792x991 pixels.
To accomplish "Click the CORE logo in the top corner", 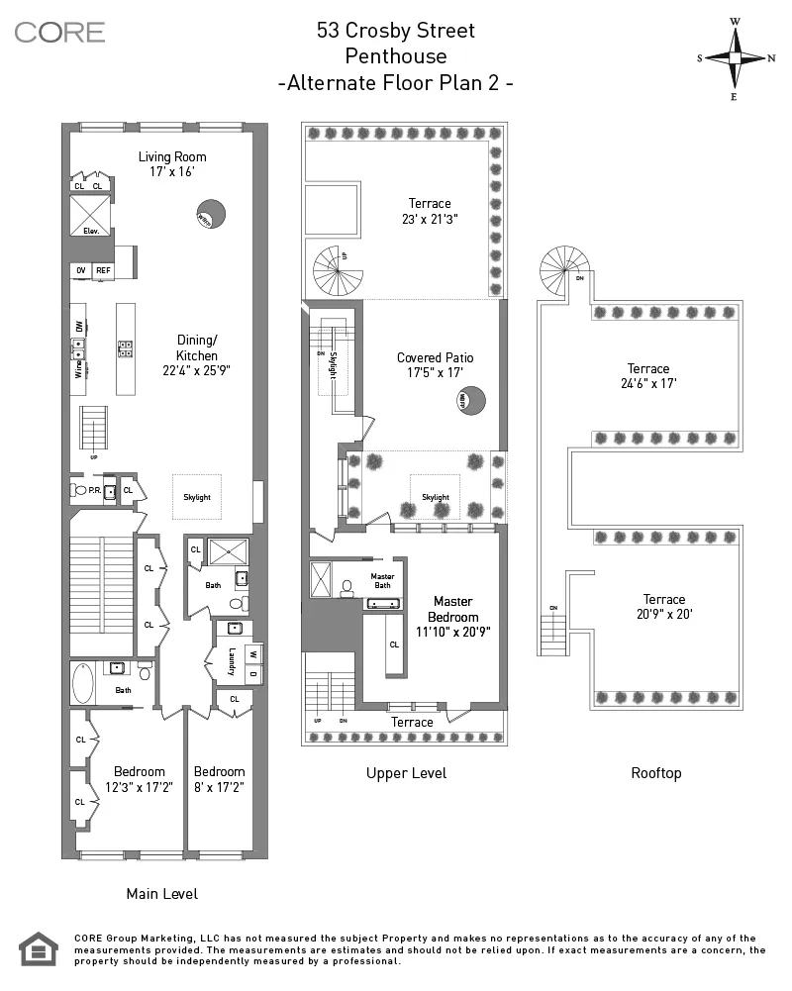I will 59,32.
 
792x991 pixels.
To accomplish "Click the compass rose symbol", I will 736,57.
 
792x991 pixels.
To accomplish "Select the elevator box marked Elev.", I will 90,215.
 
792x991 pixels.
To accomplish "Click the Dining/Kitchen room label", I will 196,355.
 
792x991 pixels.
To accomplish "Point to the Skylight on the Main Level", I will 196,497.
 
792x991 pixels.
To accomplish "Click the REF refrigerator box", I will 103,270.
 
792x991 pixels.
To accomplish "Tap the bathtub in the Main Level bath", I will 83,683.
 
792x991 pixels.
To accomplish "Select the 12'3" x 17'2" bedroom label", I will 139,779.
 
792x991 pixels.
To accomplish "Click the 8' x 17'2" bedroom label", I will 219,779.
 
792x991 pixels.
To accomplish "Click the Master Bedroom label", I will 451,616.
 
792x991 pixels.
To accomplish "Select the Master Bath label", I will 382,580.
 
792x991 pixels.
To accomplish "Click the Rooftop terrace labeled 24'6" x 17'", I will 647,376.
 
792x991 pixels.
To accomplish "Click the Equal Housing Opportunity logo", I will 39,948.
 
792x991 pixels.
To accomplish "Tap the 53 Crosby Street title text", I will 395,31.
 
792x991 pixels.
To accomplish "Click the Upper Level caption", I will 406,773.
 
